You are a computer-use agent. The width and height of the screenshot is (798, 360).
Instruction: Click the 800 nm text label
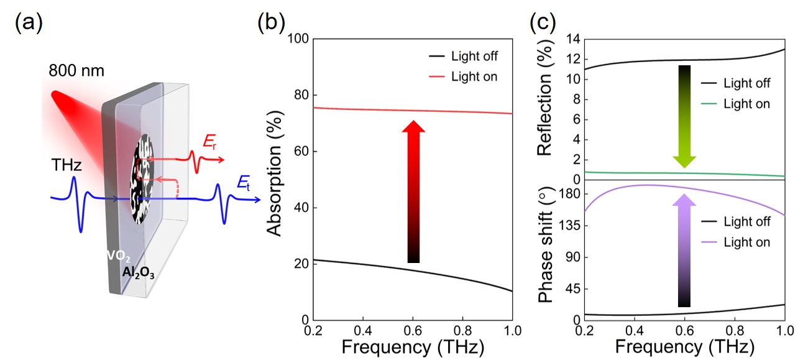tap(76, 70)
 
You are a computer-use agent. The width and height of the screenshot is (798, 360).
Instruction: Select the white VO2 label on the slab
tap(117, 255)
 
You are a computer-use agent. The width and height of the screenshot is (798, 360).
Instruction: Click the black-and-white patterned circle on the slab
tap(142, 181)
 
